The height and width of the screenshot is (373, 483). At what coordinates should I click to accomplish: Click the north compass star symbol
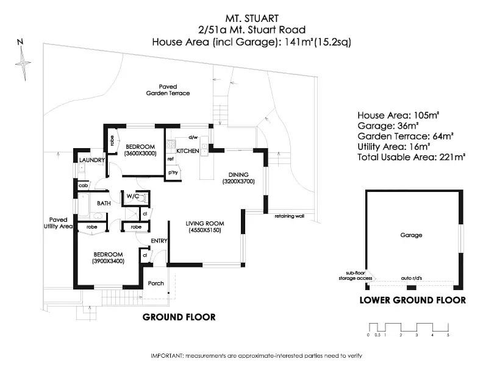tap(23, 63)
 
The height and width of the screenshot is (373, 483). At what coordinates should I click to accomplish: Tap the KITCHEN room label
tap(188, 151)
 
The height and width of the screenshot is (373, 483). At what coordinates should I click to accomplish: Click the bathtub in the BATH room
tap(83, 205)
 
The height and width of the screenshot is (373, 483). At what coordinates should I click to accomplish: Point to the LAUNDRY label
tap(92, 160)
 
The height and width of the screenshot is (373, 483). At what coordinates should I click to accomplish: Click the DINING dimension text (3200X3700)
tap(238, 182)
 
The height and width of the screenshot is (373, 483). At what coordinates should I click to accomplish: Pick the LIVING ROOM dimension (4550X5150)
tap(205, 230)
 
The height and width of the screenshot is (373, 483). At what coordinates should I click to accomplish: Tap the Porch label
tap(156, 283)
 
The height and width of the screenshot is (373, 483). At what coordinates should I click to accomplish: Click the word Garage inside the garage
tap(411, 235)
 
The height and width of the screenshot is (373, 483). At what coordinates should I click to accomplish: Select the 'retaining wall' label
tap(289, 216)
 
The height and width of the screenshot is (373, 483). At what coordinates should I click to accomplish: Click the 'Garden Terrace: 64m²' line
tap(405, 136)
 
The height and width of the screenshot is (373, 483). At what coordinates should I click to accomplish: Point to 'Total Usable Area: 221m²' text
tap(411, 157)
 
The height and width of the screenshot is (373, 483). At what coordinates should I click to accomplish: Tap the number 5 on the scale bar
tap(448, 335)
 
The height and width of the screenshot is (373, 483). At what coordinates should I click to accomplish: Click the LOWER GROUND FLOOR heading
tap(413, 300)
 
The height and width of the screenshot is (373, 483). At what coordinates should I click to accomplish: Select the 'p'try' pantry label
tap(173, 172)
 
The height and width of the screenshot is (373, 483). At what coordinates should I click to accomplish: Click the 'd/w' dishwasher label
tap(193, 137)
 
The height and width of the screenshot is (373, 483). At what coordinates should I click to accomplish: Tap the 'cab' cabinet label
tap(83, 185)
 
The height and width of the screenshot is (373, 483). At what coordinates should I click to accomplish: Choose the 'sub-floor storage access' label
tap(356, 275)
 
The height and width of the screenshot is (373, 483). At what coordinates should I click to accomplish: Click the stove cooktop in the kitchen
tap(171, 144)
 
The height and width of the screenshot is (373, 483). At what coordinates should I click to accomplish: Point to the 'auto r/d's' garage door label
tap(412, 278)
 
